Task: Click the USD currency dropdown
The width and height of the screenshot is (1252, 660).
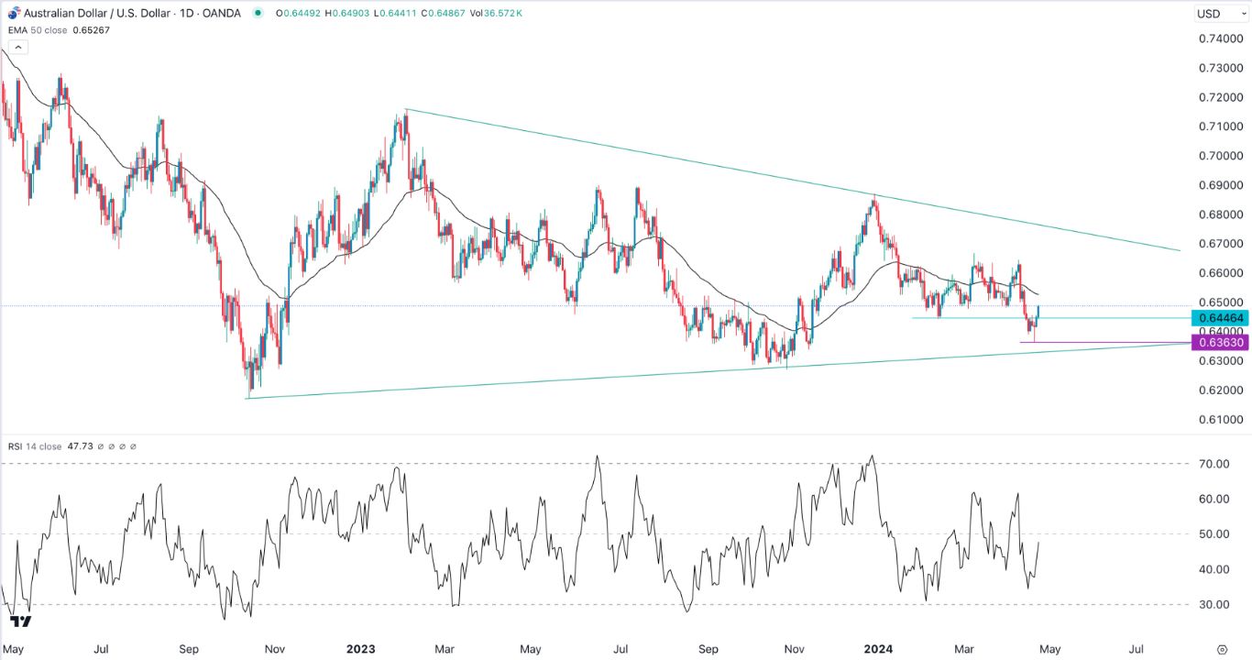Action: pyautogui.click(x=1214, y=14)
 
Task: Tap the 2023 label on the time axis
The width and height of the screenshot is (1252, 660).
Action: pyautogui.click(x=360, y=648)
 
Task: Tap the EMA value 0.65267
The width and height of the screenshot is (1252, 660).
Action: pyautogui.click(x=90, y=29)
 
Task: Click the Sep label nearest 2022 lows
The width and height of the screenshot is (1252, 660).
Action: pyautogui.click(x=189, y=648)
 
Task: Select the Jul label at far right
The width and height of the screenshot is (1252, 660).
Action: pyautogui.click(x=1137, y=648)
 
